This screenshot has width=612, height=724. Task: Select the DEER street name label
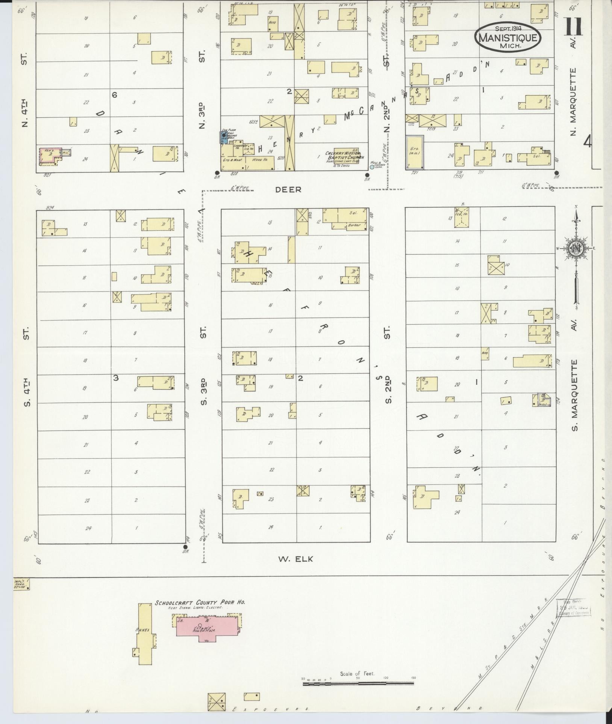click(x=288, y=190)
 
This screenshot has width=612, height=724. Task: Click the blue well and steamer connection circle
click(x=372, y=167)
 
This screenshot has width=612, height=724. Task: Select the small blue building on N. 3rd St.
click(x=223, y=137)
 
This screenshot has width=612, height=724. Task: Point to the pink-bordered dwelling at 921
click(x=50, y=156)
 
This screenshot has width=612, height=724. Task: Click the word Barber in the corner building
click(x=354, y=225)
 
